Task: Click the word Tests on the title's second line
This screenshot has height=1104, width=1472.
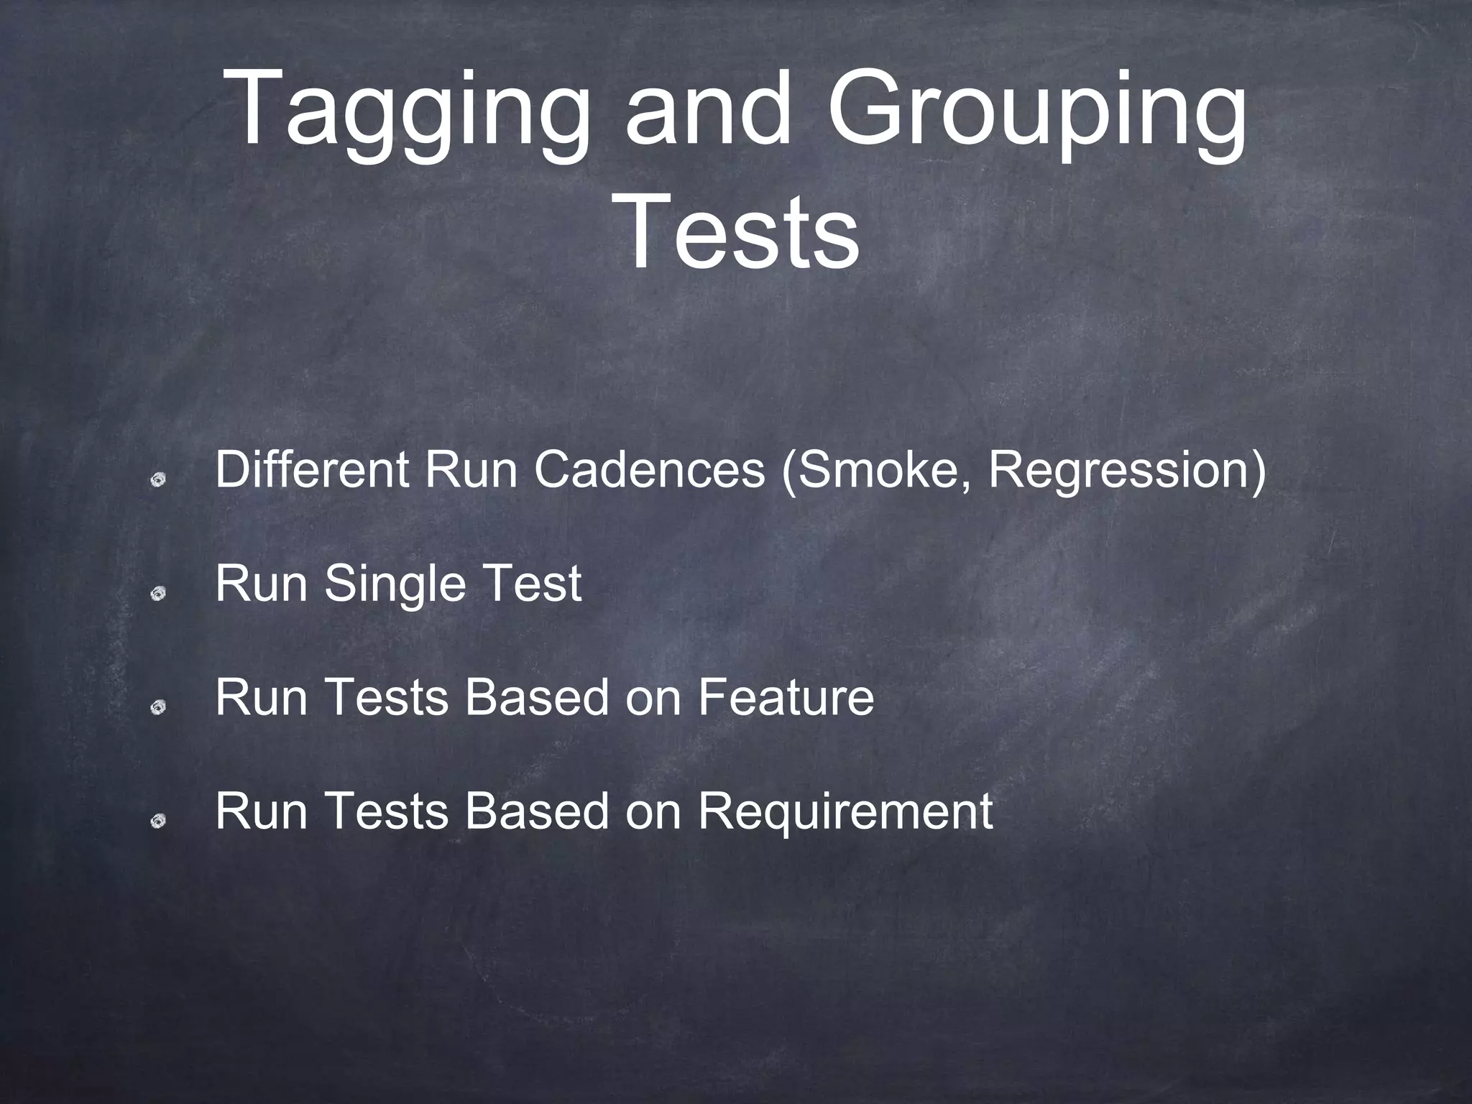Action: pyautogui.click(x=740, y=231)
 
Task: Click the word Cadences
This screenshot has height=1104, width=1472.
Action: pyautogui.click(x=649, y=470)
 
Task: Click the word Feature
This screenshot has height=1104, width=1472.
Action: pyautogui.click(x=786, y=697)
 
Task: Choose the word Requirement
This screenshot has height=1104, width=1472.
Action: pyautogui.click(x=846, y=811)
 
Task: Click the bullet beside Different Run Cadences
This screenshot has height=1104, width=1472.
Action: pyautogui.click(x=159, y=479)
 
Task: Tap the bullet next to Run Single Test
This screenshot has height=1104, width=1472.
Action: pyautogui.click(x=159, y=593)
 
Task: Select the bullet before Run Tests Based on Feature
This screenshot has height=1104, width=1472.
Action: pyautogui.click(x=159, y=707)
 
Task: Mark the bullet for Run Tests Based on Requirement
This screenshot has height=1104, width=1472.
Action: pyautogui.click(x=159, y=821)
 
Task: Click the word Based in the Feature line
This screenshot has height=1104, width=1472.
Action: pyautogui.click(x=536, y=697)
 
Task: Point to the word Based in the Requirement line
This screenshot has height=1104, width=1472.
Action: pyautogui.click(x=536, y=811)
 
